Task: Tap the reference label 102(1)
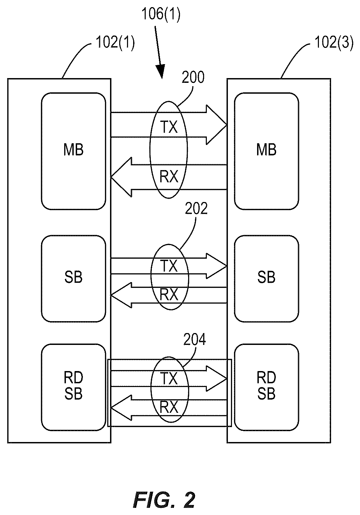(x=115, y=42)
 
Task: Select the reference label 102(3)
(x=334, y=42)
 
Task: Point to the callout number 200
(x=193, y=77)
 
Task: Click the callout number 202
(x=196, y=208)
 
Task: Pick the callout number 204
(x=195, y=339)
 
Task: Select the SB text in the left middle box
(x=73, y=277)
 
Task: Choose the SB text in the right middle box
(x=266, y=277)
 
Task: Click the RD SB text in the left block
(x=73, y=386)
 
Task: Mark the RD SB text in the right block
(x=266, y=386)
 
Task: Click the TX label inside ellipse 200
(x=169, y=127)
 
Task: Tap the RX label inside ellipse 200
(x=169, y=177)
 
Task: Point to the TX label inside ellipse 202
(x=169, y=266)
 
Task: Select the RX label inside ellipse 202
(x=169, y=295)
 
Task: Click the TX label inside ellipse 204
(x=169, y=379)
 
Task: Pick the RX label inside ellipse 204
(x=169, y=407)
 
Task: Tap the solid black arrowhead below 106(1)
(x=161, y=71)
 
